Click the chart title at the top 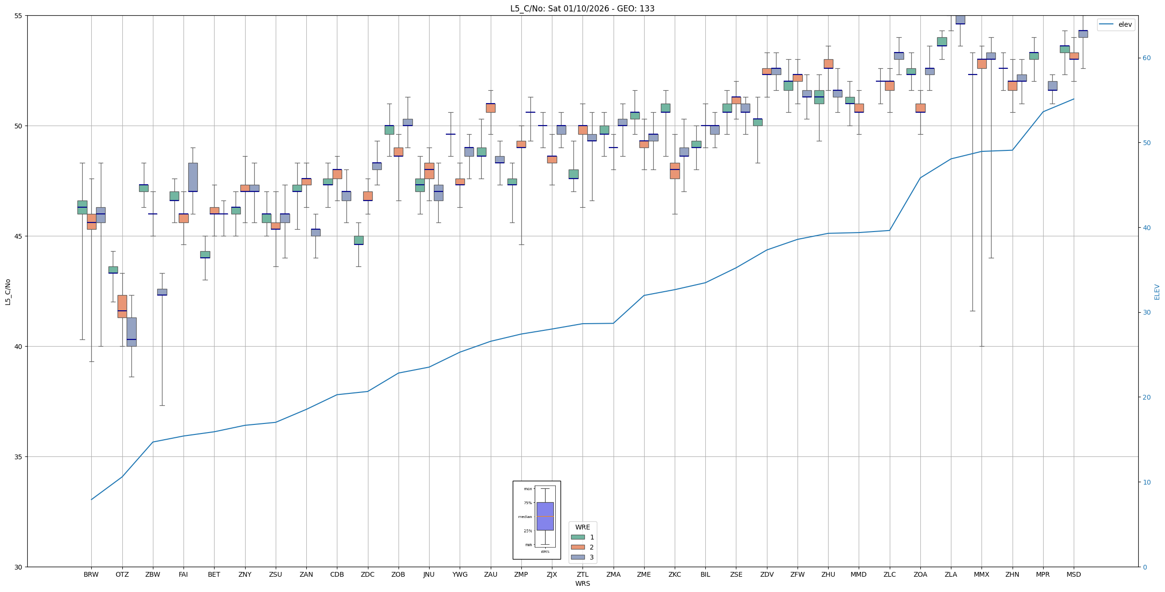click(x=582, y=9)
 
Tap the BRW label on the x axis click(x=91, y=574)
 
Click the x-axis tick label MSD click(x=1073, y=574)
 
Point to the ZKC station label click(x=674, y=574)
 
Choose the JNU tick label click(x=429, y=574)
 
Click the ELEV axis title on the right click(x=1157, y=292)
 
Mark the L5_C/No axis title click(x=8, y=292)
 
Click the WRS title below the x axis click(x=582, y=583)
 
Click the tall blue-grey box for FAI click(x=193, y=177)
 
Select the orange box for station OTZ click(x=122, y=306)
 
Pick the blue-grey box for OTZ click(x=131, y=332)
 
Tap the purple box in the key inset click(x=545, y=516)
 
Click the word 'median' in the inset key click(x=525, y=517)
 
